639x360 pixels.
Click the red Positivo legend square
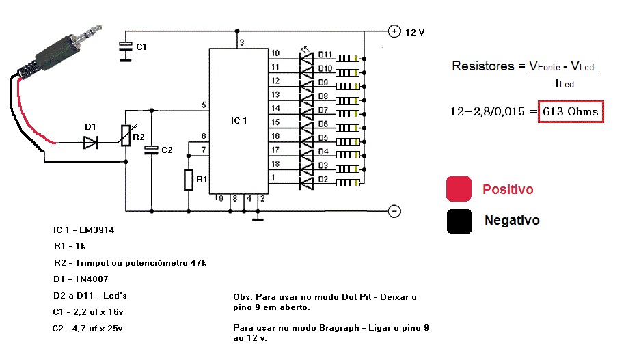click(459, 189)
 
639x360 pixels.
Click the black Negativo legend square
click(459, 221)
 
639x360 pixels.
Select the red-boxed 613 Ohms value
click(571, 111)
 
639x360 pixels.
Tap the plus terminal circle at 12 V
click(394, 31)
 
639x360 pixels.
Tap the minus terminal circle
click(394, 210)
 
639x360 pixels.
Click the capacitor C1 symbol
click(125, 47)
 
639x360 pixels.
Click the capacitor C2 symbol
click(151, 149)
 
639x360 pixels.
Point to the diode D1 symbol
click(90, 143)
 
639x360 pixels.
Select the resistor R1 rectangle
click(189, 180)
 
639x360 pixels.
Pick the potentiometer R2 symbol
click(126, 136)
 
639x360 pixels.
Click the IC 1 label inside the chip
click(239, 121)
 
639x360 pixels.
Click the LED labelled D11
click(307, 56)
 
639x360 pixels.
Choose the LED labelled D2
click(307, 181)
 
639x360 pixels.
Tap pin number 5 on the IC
click(204, 105)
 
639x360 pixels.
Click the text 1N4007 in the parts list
click(91, 279)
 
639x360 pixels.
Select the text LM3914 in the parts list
click(96, 230)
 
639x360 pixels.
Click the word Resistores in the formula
click(482, 66)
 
